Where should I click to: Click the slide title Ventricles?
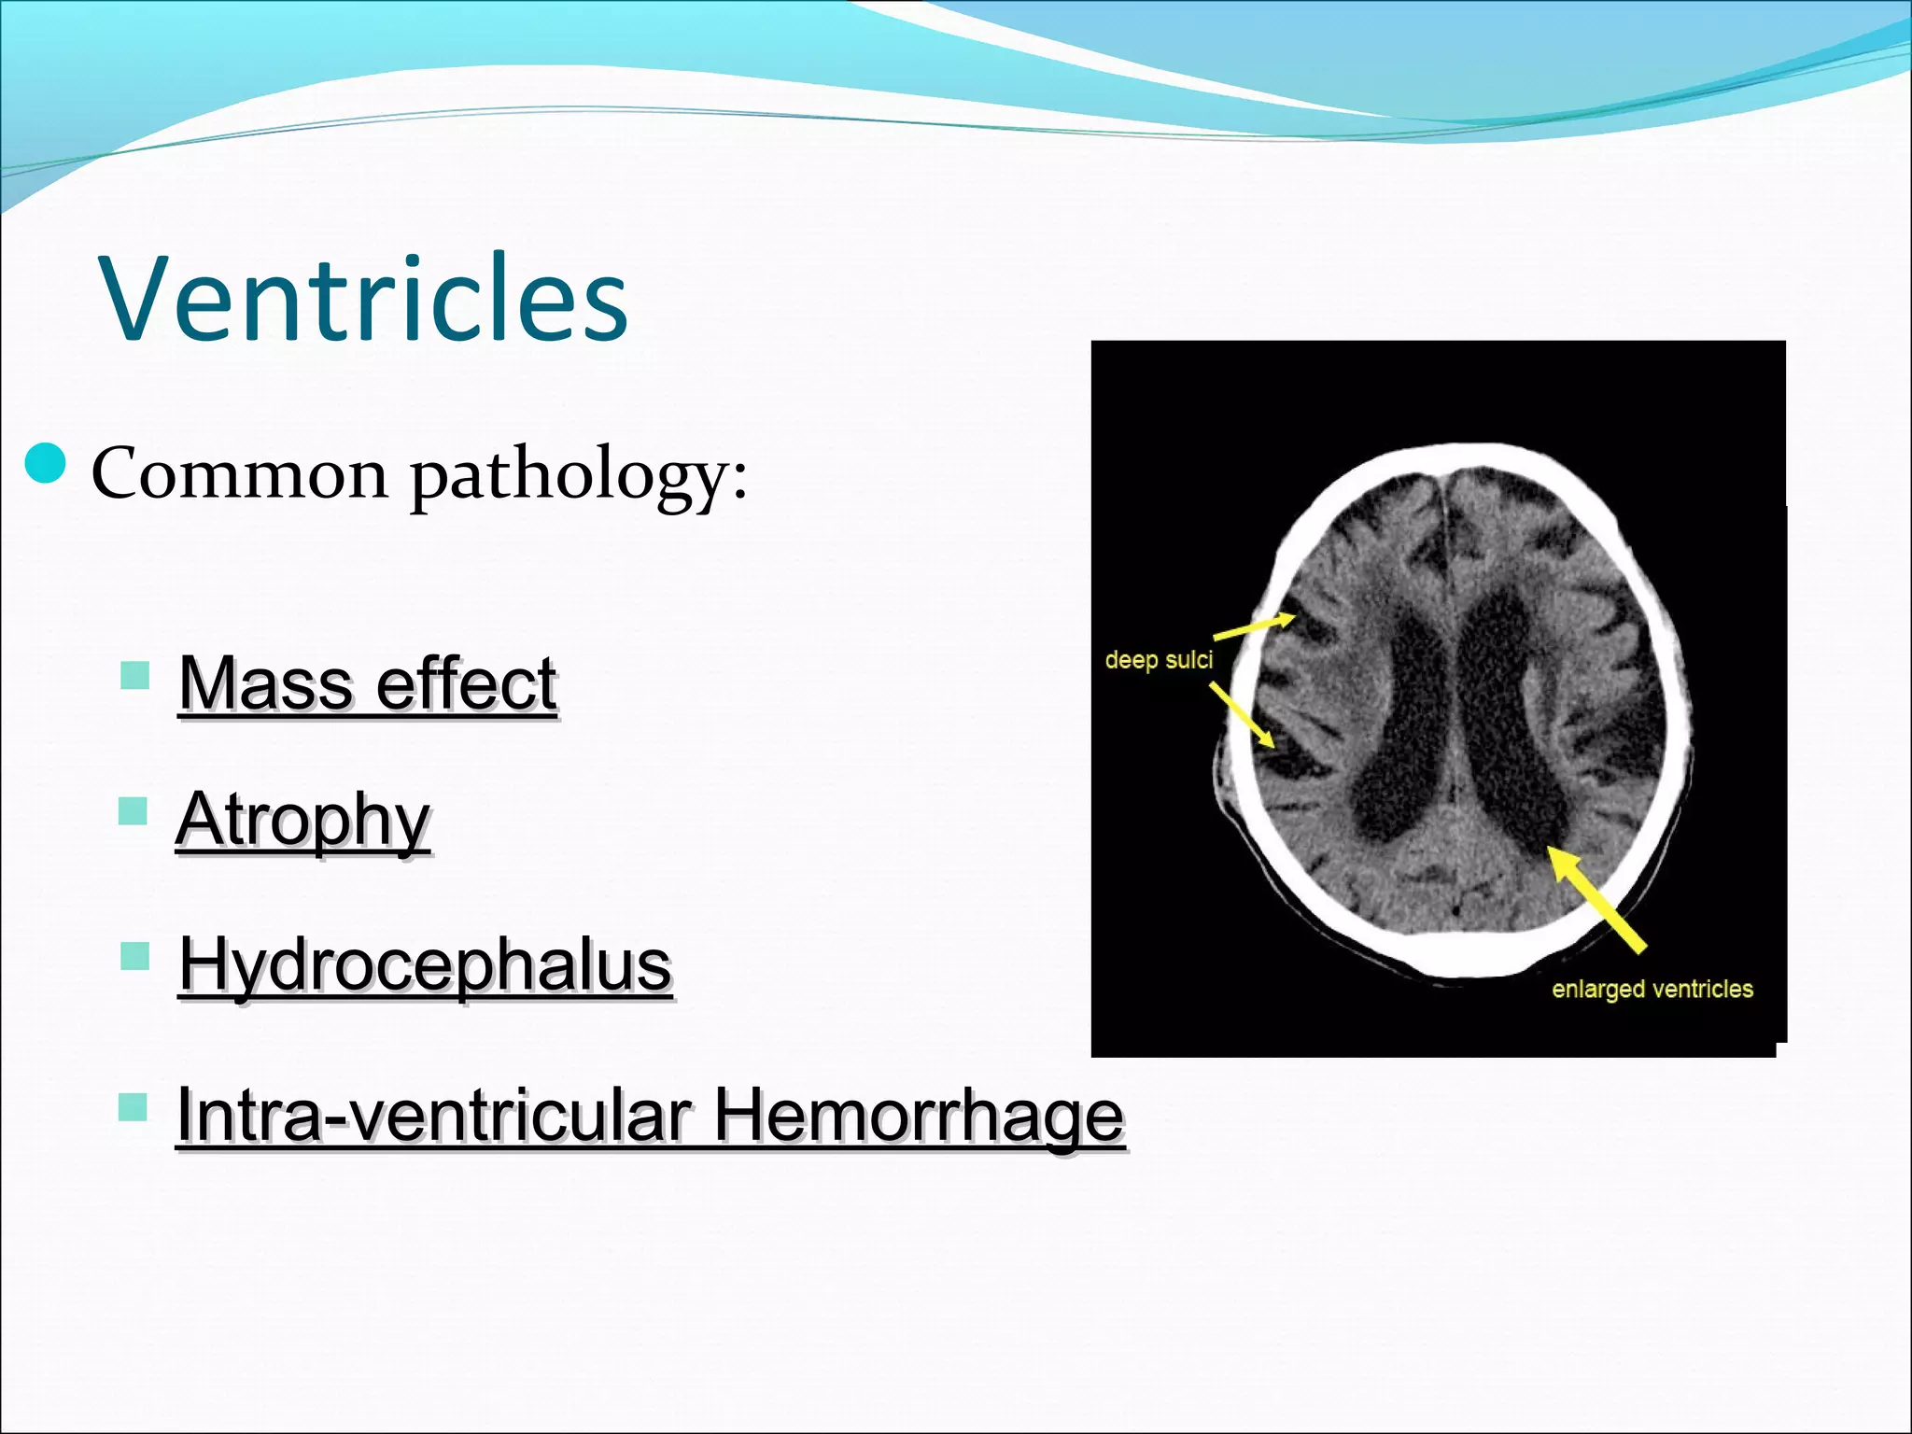pyautogui.click(x=363, y=299)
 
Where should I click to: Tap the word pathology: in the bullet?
pyautogui.click(x=579, y=476)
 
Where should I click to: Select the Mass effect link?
pyautogui.click(x=368, y=683)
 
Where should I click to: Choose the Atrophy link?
pyautogui.click(x=303, y=820)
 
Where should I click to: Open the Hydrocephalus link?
pyautogui.click(x=426, y=964)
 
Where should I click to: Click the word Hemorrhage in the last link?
pyautogui.click(x=919, y=1115)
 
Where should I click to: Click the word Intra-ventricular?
pyautogui.click(x=434, y=1115)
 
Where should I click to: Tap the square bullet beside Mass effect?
pyautogui.click(x=135, y=675)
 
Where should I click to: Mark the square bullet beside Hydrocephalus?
pyautogui.click(x=135, y=956)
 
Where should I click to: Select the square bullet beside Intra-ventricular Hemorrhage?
pyautogui.click(x=134, y=1107)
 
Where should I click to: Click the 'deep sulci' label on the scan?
pyautogui.click(x=1159, y=660)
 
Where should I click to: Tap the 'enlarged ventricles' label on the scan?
pyautogui.click(x=1652, y=989)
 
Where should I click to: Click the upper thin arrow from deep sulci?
pyautogui.click(x=1254, y=626)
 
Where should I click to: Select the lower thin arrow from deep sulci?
pyautogui.click(x=1243, y=715)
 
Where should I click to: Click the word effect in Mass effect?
pyautogui.click(x=466, y=683)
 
